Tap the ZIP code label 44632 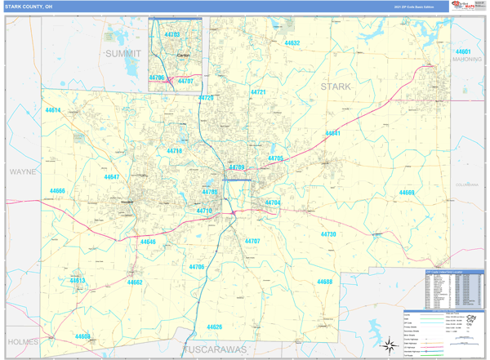pyautogui.click(x=292, y=42)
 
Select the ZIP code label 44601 pyautogui.click(x=463, y=51)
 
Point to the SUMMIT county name pyautogui.click(x=122, y=53)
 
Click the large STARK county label pyautogui.click(x=335, y=86)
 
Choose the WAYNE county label pyautogui.click(x=23, y=172)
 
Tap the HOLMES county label pyautogui.click(x=22, y=341)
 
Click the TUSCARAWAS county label pyautogui.click(x=212, y=349)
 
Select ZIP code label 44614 pyautogui.click(x=53, y=109)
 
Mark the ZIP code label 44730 pyautogui.click(x=327, y=234)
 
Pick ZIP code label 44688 pyautogui.click(x=324, y=282)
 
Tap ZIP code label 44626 pyautogui.click(x=214, y=327)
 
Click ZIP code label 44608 pyautogui.click(x=82, y=336)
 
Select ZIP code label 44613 pyautogui.click(x=77, y=281)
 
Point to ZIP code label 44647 pyautogui.click(x=111, y=177)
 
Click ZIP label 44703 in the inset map pyautogui.click(x=171, y=35)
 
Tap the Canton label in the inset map pyautogui.click(x=182, y=56)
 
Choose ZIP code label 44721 pyautogui.click(x=258, y=92)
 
